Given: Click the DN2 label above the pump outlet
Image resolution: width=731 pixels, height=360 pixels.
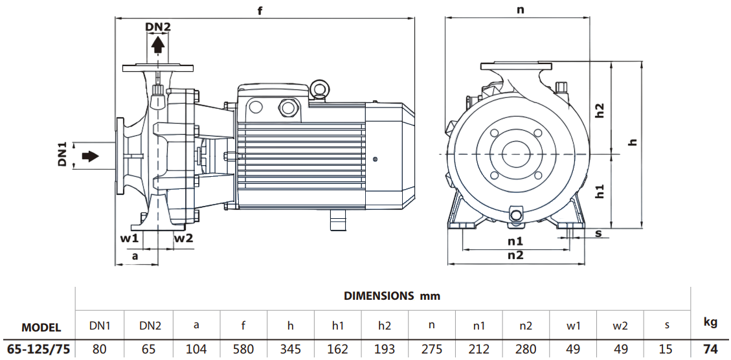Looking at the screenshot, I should coord(158,27).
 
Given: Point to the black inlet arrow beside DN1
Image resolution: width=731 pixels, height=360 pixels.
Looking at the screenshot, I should coord(90,156).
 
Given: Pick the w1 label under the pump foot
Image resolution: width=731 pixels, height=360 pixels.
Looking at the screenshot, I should coord(129,238).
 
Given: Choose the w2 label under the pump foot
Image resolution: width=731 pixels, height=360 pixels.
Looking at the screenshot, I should coord(183,238).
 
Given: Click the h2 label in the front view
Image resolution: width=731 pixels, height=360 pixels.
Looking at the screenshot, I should coord(600,110).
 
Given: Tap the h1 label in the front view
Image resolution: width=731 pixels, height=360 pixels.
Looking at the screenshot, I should coord(600,191).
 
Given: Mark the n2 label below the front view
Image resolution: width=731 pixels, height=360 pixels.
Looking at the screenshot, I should coord(515,255).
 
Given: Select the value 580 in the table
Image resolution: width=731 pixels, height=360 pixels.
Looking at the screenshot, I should coord(243,350).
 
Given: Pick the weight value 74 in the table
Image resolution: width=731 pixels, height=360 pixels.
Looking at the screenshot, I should coord(710,350).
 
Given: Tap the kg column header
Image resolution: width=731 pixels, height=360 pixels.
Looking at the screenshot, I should coord(710,321).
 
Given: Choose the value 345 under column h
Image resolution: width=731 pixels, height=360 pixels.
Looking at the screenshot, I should coord(291,350).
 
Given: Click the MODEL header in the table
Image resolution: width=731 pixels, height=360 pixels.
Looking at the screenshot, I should coord(41,328).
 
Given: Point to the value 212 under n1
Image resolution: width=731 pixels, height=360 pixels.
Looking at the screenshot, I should coord(478,350).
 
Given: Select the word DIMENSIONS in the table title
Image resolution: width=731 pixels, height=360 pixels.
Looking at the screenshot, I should coord(378,296).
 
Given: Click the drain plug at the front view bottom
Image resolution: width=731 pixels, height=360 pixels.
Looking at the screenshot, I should coord(516,214).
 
